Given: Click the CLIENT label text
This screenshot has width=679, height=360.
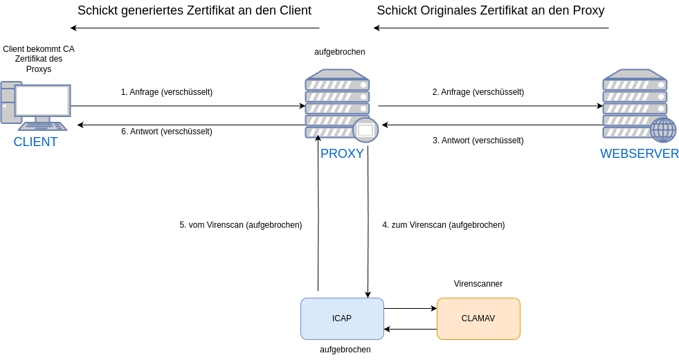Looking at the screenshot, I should point(35,142).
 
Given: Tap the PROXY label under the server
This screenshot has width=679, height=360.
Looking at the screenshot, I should point(342,154).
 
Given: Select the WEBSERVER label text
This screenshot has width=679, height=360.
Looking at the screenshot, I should point(639,154).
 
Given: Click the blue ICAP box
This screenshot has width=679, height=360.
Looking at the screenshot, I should point(342,318).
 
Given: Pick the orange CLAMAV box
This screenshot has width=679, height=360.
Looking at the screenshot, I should point(478,318).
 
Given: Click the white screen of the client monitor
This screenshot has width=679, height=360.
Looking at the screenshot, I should point(42,100).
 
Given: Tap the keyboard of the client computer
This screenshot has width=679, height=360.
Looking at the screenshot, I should point(42,127).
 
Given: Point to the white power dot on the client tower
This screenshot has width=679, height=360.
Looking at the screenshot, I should point(4,106).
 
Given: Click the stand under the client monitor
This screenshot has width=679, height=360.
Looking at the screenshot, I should point(42,119).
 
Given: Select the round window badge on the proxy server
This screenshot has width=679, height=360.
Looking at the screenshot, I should point(365,129).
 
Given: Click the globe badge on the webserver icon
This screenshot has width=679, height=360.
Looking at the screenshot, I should point(663,129).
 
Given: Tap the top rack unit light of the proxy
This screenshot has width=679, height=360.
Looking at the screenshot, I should point(363,85).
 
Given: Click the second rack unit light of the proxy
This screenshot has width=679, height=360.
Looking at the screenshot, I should point(363,97).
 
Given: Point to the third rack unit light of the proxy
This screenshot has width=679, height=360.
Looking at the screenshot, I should point(363,109).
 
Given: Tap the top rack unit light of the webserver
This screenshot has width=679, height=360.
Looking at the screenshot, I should point(661,85).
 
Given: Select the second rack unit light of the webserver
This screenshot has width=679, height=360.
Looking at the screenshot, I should point(661,97).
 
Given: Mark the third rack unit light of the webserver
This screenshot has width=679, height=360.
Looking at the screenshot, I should point(661,109).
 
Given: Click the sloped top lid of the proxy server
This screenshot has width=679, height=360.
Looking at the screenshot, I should point(337,73).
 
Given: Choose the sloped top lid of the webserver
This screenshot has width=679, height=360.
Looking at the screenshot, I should point(635,73).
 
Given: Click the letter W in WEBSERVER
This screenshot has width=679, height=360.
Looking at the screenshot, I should point(605,154).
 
